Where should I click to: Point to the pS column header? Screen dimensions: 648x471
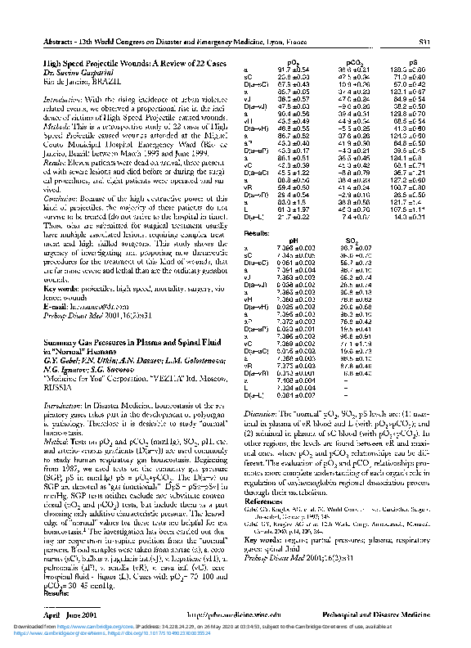pos(412,62)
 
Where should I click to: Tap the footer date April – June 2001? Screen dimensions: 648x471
pos(67,613)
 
